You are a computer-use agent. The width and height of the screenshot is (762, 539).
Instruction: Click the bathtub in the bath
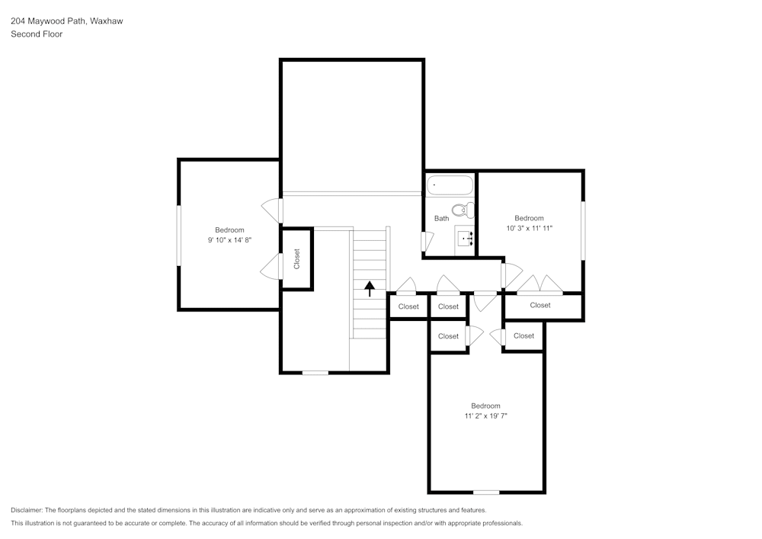pos(450,186)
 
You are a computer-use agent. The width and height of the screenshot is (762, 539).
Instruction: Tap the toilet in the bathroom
pos(462,210)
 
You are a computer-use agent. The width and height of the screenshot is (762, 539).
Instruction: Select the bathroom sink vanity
pos(466,239)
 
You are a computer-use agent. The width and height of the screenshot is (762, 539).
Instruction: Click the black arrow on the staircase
pos(370,288)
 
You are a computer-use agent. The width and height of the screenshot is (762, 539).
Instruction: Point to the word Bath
pos(441,219)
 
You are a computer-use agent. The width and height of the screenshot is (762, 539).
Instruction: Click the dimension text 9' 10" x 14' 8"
pos(229,240)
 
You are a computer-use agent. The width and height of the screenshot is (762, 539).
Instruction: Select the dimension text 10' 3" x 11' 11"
pos(529,228)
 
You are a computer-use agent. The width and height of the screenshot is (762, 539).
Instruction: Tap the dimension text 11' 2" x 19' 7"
pos(485,415)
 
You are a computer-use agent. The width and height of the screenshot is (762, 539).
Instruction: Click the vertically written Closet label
pos(297,259)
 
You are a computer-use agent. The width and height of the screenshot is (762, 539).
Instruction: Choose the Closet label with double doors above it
pos(540,305)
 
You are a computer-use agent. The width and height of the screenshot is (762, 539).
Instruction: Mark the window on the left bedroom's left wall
pos(179,236)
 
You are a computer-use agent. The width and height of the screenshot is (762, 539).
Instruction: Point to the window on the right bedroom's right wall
pos(583,229)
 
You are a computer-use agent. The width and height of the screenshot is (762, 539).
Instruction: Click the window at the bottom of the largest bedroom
pos(486,492)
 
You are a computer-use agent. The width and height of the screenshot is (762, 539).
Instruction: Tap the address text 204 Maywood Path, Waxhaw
pos(66,21)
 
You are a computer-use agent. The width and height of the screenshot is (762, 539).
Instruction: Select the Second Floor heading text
pos(37,34)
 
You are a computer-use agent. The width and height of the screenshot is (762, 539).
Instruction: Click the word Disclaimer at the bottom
pos(27,510)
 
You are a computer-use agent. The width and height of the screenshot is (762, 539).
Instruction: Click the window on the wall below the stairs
pos(315,372)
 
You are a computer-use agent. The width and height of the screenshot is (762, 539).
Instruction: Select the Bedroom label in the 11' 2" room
pos(485,406)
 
